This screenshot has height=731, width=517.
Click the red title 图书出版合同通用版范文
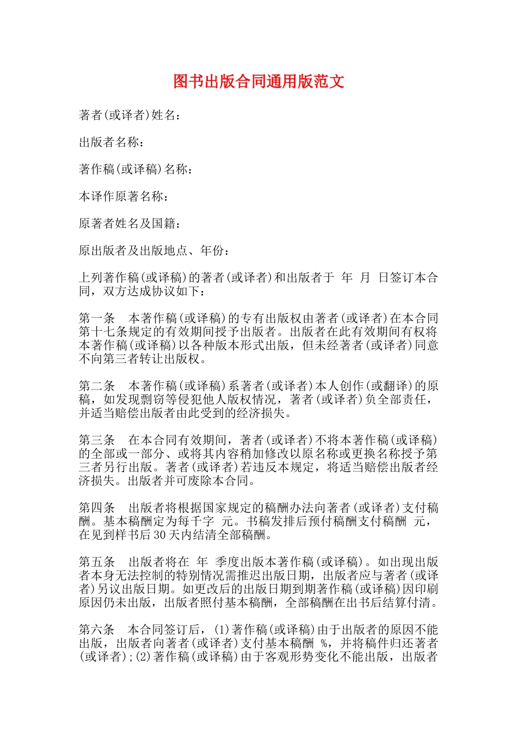coord(258,82)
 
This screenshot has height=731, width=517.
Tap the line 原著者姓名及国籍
coord(130,224)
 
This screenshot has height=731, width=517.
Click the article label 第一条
coord(97,318)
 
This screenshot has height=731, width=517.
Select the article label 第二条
coord(97,386)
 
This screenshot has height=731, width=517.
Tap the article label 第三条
coord(97,440)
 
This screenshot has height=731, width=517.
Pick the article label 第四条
coord(97,508)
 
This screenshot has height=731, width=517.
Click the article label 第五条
coord(97,562)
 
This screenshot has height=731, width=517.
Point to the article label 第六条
coord(97,630)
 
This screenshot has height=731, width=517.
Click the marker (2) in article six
coord(144,657)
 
